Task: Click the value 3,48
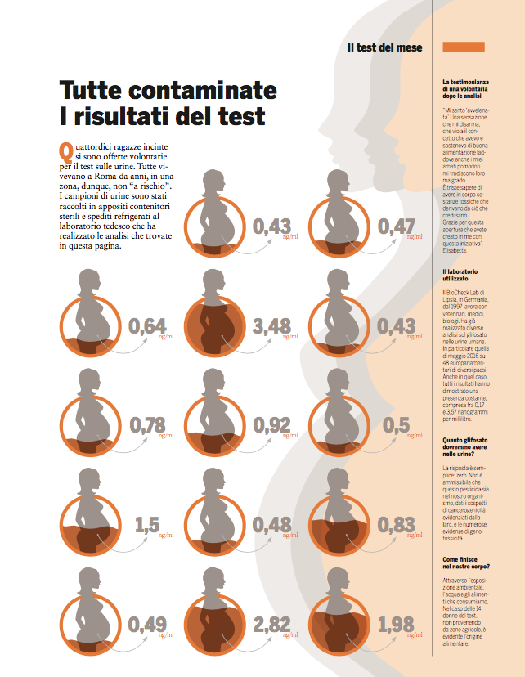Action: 272,327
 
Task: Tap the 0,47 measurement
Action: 396,226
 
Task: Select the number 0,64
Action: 148,327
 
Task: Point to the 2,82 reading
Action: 272,625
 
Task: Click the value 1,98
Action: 396,625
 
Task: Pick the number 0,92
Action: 272,425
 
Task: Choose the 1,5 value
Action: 147,524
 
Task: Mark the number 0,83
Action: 396,524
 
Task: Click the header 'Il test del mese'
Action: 384,47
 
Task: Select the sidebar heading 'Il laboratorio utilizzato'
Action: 467,275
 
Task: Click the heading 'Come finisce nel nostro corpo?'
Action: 467,563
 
